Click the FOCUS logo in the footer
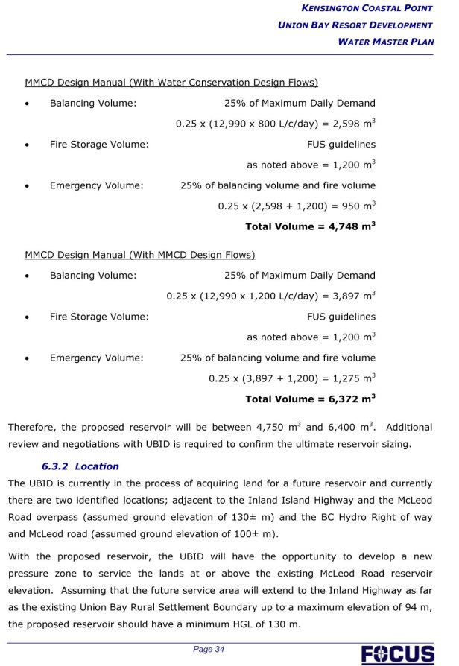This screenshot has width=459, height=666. coord(398,653)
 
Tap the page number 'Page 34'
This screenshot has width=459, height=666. coord(209,650)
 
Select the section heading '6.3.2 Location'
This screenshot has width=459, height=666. coord(80,466)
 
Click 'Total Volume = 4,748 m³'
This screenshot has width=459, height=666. coord(310,226)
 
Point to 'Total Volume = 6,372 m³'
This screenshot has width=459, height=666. coord(310,399)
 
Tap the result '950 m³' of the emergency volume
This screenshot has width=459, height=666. coord(360,206)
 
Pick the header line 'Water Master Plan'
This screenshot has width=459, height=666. coord(385,42)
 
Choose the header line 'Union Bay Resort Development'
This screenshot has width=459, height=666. coord(355,25)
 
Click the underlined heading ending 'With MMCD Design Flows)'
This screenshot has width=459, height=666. coord(140,255)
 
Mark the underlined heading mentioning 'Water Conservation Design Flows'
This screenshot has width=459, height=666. coord(171,82)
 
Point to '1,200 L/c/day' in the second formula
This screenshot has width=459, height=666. coord(276,296)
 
